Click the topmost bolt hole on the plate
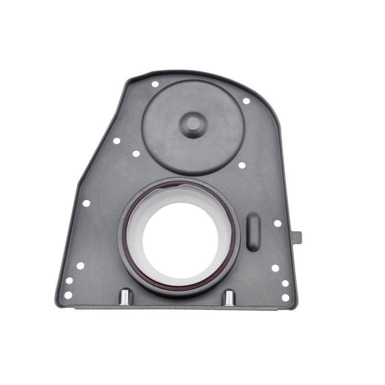(154, 84)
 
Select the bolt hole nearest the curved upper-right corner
(246, 101)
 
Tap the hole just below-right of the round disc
(241, 165)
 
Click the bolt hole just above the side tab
(278, 223)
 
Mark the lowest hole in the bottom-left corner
(68, 295)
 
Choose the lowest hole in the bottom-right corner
(285, 297)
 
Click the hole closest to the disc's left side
(136, 154)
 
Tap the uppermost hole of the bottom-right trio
(275, 268)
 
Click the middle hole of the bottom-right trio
(285, 283)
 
